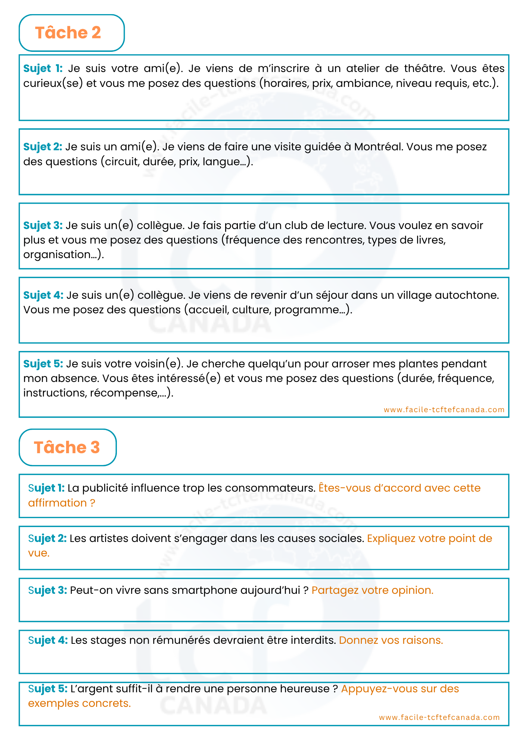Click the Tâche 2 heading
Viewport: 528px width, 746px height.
[68, 33]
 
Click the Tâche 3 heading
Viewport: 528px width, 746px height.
[67, 447]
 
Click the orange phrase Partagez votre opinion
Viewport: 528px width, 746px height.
[372, 590]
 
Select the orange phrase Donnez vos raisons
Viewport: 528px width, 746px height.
[391, 640]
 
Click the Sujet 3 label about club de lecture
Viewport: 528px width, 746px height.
[43, 225]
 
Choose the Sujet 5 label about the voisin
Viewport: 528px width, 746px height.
[43, 364]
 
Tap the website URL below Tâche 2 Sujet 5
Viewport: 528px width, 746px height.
[444, 410]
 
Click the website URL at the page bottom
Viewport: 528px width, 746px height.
[439, 717]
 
